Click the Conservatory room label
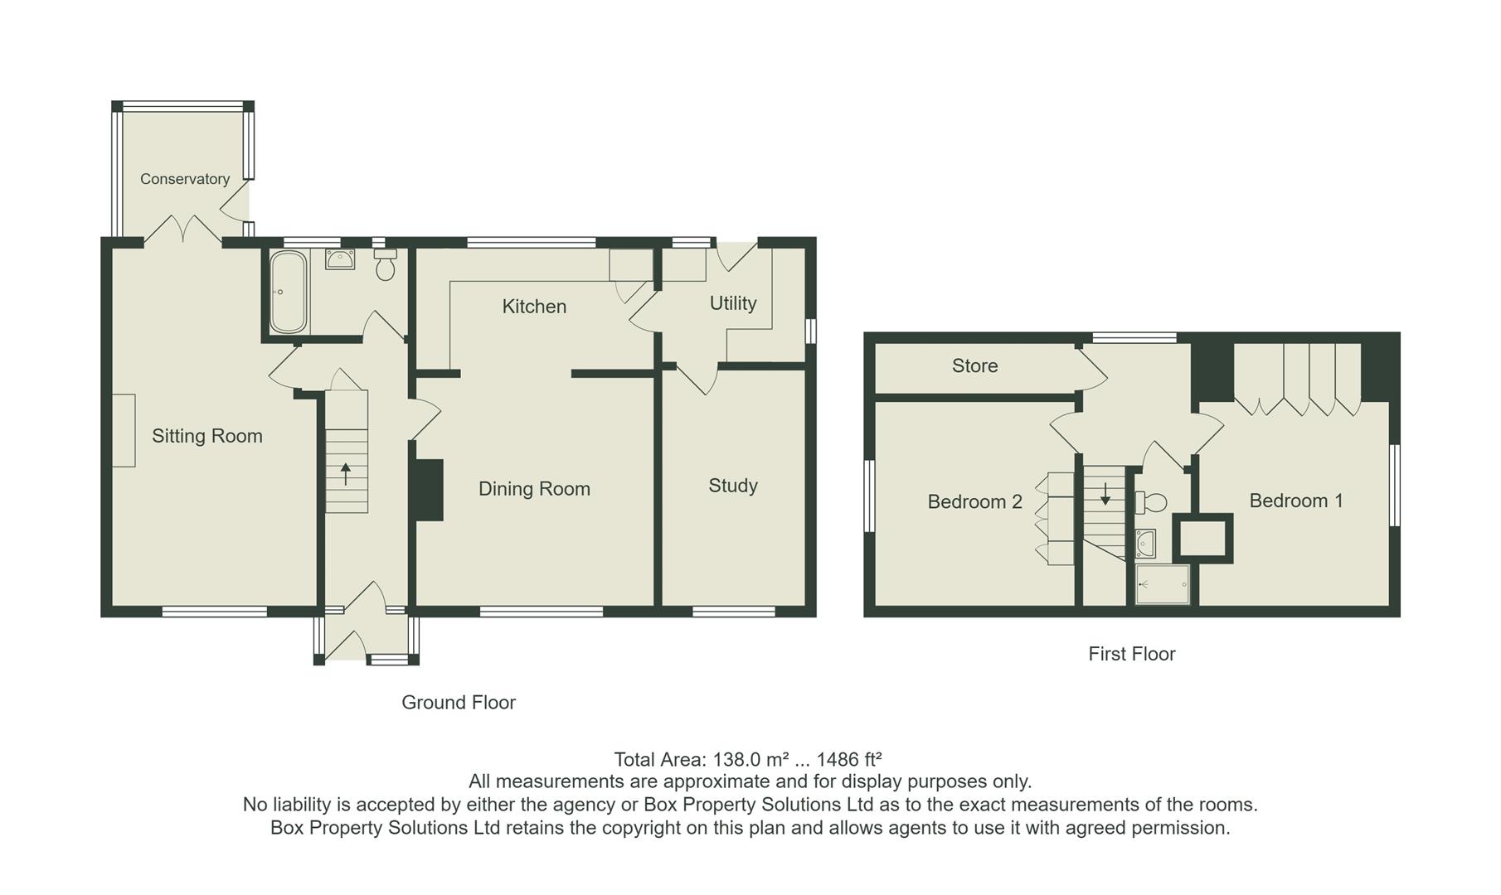coord(184,179)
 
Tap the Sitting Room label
coord(206,436)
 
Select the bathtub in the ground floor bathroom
coord(288,292)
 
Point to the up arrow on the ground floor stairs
coord(346,474)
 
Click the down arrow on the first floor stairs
coord(1105,496)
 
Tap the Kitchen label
coord(534,307)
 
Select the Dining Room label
coord(534,489)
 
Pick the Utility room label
coord(733,303)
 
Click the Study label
coord(733,486)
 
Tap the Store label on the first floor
coord(974,366)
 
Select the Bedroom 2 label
coord(974,502)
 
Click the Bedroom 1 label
coord(1295,501)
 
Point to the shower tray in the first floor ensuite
coord(1163,584)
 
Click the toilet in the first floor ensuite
coord(1152,502)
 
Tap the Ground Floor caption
coord(459,703)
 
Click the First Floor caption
coord(1131,655)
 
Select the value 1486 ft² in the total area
coord(848,759)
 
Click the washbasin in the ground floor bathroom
coord(340,259)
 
